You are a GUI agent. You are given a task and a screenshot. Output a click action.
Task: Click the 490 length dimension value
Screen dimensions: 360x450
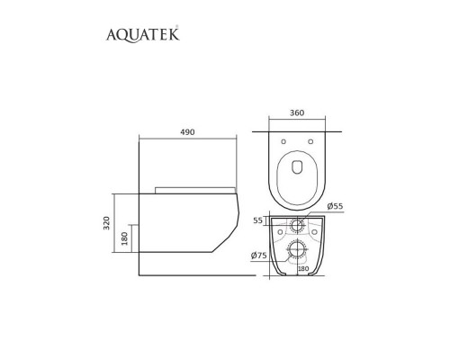tap(186, 132)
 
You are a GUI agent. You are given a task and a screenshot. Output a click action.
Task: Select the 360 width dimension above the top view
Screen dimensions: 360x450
tap(297, 113)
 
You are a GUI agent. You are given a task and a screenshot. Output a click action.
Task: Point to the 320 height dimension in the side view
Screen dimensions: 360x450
tap(105, 222)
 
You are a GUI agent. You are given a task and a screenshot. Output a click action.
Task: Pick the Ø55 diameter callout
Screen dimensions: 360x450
tap(336, 207)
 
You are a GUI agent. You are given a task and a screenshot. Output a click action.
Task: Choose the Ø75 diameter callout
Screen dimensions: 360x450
tap(260, 256)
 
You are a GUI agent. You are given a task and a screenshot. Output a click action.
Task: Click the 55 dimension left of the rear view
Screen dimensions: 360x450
tap(257, 220)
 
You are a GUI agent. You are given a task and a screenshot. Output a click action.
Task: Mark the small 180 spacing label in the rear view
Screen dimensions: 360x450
tap(302, 267)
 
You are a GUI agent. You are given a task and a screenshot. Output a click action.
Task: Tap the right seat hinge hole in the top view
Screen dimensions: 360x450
tap(311, 140)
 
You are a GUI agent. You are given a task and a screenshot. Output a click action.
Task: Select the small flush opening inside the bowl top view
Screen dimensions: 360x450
tap(297, 164)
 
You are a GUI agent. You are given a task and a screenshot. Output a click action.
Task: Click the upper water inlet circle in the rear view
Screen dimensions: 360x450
tap(297, 224)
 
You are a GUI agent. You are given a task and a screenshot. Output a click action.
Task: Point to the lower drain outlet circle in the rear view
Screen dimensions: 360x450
tap(297, 249)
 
